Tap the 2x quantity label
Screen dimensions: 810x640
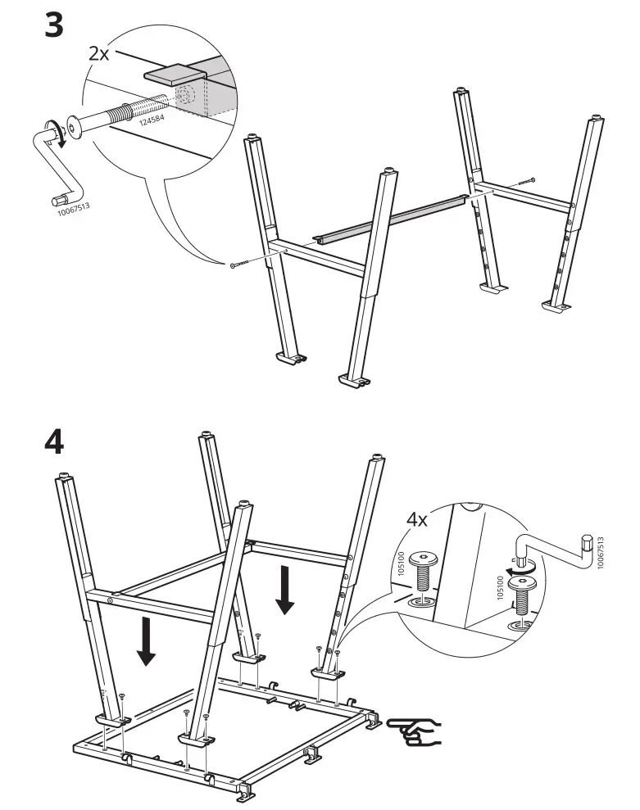99,54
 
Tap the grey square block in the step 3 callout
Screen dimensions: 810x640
175,75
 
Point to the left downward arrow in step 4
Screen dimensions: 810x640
147,641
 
